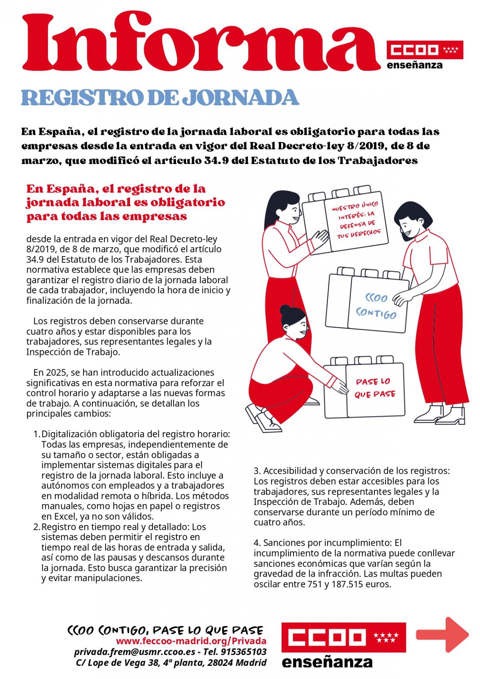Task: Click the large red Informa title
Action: (200, 44)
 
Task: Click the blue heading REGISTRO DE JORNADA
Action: (160, 97)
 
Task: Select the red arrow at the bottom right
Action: (442, 635)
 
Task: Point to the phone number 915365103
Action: (244, 652)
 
